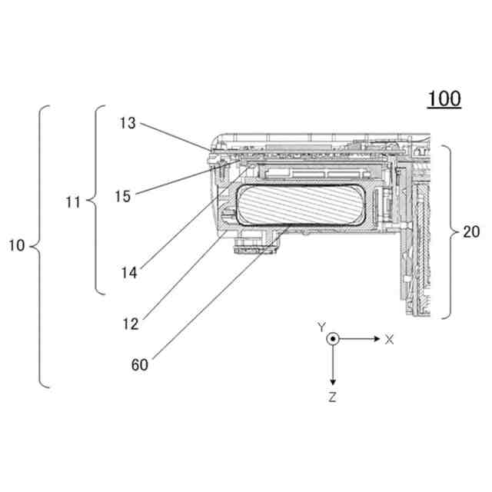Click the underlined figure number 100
(x=444, y=100)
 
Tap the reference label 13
(x=128, y=123)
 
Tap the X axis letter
(x=390, y=339)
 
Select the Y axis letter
(x=322, y=327)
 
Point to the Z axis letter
(x=331, y=397)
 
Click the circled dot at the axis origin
(x=332, y=339)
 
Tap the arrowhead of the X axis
(x=375, y=339)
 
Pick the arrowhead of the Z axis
(x=332, y=382)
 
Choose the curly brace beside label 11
(x=96, y=201)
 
